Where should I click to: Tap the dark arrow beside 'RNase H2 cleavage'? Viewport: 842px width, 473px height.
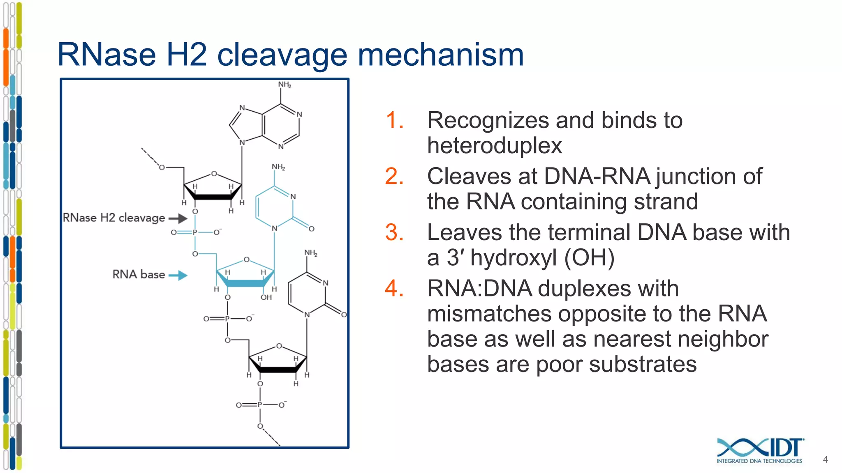pos(178,218)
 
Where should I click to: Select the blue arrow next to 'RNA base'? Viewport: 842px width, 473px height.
pos(178,275)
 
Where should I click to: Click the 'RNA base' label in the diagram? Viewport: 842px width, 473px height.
pos(139,274)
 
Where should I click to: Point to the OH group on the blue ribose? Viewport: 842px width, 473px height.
pos(266,297)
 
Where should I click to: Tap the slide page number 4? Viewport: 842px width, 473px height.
pos(825,459)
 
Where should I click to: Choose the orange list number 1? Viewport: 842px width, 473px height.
pos(394,121)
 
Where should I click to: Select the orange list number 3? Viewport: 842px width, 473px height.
pos(394,233)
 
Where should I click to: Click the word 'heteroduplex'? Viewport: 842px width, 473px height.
pos(494,146)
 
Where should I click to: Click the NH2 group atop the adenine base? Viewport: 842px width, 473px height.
pos(285,85)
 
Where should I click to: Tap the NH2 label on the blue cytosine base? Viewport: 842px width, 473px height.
pos(278,167)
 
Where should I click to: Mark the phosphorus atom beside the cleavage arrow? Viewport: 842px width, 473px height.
pos(195,232)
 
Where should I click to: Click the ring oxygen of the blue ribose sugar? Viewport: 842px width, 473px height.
pos(246,259)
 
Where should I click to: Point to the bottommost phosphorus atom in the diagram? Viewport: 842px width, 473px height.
pos(259,405)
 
